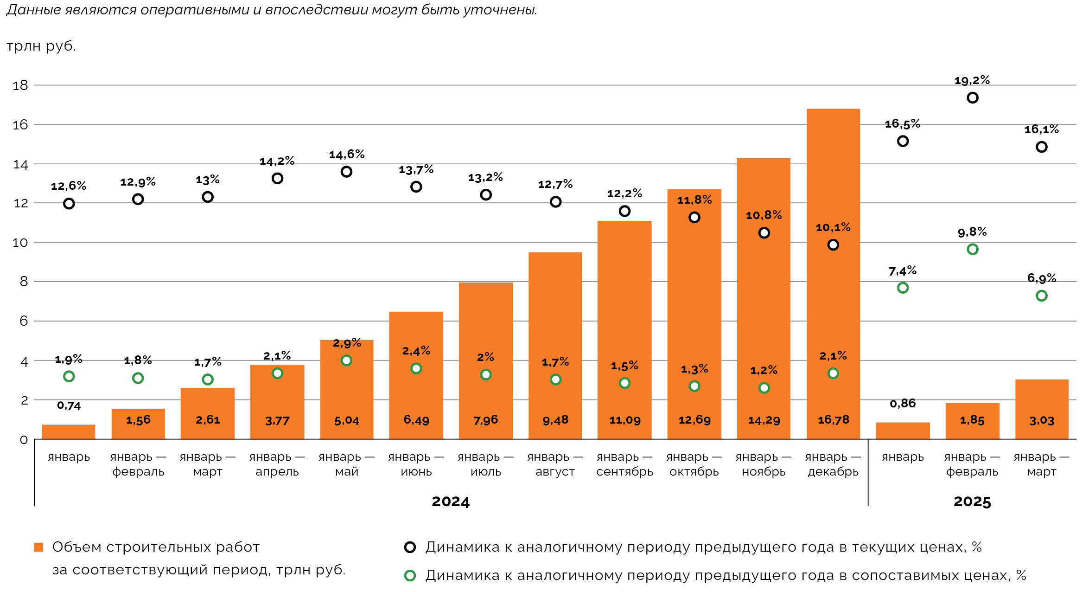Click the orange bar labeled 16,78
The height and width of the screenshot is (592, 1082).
click(x=833, y=274)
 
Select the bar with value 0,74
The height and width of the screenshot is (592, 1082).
click(x=69, y=432)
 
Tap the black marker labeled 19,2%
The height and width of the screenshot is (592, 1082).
click(x=973, y=98)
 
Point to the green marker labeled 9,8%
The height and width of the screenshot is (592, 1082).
click(x=973, y=250)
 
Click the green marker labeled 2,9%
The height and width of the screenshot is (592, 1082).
click(x=346, y=360)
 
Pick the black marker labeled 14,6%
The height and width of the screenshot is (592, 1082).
click(x=346, y=172)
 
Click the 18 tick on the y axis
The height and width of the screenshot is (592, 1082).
click(x=20, y=85)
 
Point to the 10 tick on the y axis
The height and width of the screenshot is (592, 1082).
click(x=20, y=243)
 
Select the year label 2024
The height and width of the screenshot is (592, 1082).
click(x=451, y=502)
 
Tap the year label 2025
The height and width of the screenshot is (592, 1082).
click(x=972, y=502)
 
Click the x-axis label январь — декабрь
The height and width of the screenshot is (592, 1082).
click(x=833, y=464)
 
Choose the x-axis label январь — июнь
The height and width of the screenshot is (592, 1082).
click(x=416, y=464)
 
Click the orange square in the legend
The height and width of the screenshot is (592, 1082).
click(x=38, y=547)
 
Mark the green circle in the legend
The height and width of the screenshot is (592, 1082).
click(x=410, y=576)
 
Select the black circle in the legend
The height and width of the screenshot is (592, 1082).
click(x=410, y=547)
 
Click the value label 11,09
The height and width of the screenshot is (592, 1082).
click(x=624, y=420)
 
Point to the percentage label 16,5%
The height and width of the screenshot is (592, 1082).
click(x=902, y=124)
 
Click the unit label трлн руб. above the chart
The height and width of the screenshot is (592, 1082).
click(x=41, y=46)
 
